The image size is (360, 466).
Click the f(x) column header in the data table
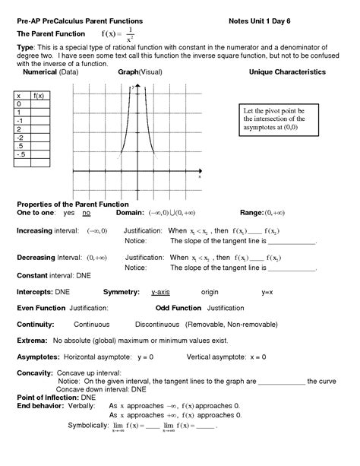pos(39,95)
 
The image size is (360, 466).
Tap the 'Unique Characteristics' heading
pos(287,71)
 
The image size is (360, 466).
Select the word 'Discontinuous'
pos(159,324)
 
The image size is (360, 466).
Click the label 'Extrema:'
pos(32,340)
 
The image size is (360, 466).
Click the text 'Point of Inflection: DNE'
pos(55,397)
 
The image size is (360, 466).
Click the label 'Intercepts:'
pos(35,291)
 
